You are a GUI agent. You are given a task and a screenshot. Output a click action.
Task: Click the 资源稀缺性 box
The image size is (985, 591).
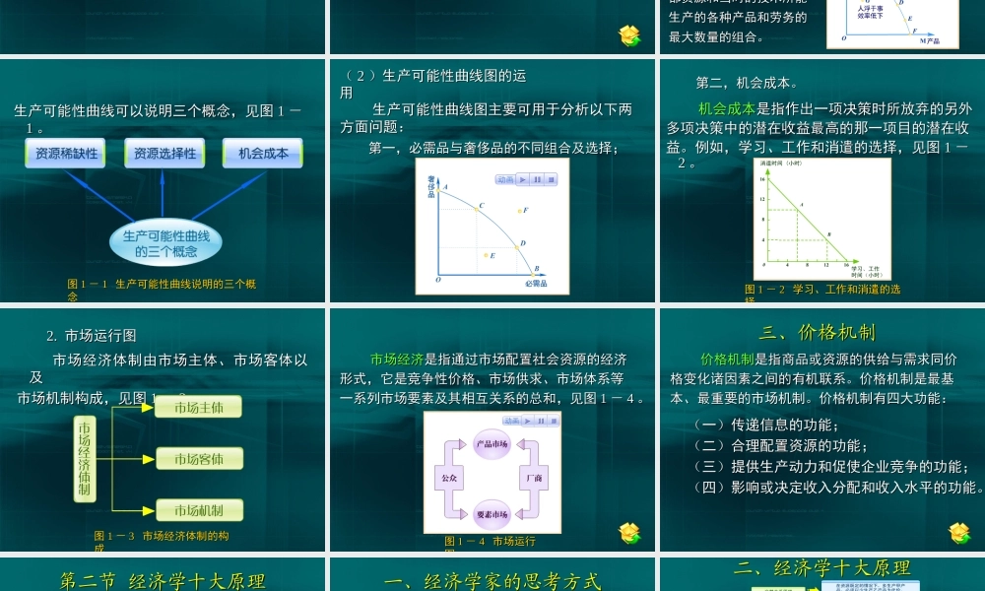click(x=67, y=153)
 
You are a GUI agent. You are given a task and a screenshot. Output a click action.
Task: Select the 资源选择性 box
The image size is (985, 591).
click(x=164, y=153)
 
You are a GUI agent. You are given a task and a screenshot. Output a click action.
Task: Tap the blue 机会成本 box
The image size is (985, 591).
click(x=263, y=153)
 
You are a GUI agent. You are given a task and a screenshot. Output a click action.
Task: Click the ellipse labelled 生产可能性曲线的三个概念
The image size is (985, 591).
click(x=166, y=243)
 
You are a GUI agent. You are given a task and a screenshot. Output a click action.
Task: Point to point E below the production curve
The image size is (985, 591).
click(x=486, y=255)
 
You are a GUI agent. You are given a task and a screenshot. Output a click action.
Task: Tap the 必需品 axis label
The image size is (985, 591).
click(x=535, y=283)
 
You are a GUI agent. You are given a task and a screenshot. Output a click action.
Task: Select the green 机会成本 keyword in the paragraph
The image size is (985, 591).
click(x=727, y=108)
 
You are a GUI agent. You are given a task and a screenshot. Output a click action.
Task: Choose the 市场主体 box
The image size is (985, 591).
click(x=199, y=407)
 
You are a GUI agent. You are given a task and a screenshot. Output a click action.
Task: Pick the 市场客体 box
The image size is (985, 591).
click(x=199, y=459)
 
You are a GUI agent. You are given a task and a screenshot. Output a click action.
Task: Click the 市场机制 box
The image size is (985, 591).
click(x=199, y=510)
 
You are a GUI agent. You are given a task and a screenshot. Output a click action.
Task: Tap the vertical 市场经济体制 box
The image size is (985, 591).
click(x=85, y=459)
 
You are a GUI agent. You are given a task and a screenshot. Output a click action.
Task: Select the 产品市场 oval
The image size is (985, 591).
click(x=492, y=444)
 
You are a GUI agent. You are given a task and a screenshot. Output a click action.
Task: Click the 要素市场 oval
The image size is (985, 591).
click(x=492, y=513)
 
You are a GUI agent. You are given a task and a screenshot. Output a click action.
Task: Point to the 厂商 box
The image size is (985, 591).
click(x=535, y=478)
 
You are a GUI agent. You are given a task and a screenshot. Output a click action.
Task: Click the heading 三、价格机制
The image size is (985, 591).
click(x=817, y=332)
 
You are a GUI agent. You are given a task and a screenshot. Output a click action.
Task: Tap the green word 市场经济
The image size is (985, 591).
click(x=397, y=360)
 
